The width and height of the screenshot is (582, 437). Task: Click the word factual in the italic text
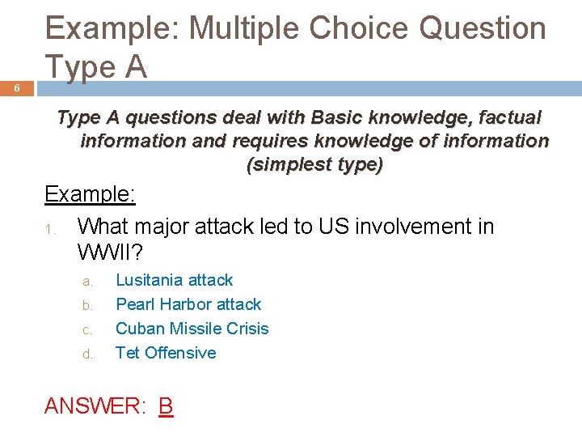click(508, 117)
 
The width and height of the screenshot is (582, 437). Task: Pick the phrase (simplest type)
click(314, 164)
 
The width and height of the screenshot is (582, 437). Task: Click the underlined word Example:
click(90, 194)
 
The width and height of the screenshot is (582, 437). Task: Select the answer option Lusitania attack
click(174, 280)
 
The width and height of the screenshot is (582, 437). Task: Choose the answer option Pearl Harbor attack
click(188, 304)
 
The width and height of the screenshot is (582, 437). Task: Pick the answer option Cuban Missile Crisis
click(192, 329)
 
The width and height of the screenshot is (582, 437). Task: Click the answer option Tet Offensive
click(166, 353)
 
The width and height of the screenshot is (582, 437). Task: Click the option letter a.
click(88, 282)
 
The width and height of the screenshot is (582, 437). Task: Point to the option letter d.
click(88, 354)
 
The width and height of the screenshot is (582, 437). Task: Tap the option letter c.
click(88, 330)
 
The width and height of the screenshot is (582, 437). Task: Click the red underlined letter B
click(166, 405)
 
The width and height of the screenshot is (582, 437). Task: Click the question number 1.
click(49, 228)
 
